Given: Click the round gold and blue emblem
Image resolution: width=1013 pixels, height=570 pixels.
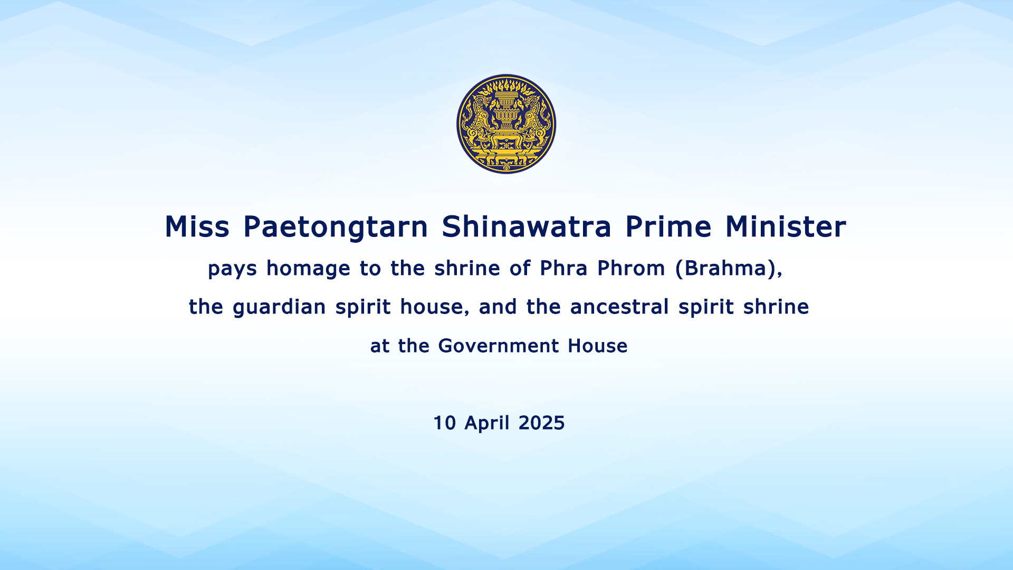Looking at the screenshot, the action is point(506,124).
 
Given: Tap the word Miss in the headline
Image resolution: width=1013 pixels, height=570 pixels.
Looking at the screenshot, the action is point(197,227).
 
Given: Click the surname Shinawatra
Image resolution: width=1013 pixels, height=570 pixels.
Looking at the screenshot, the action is point(527,227).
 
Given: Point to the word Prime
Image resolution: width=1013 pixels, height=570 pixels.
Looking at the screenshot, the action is point(668,227).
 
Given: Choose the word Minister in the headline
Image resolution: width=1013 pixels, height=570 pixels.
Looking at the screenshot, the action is point(786,227).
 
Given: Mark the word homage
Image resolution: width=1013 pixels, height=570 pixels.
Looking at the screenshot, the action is point(308,269).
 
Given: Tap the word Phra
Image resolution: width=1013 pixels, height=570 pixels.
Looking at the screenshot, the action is point(563,268).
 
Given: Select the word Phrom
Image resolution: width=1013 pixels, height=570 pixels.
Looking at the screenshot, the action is point(631,268).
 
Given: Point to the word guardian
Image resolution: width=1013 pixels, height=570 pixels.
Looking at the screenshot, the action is point(279,308).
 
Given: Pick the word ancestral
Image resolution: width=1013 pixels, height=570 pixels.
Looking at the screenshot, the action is point(619,307).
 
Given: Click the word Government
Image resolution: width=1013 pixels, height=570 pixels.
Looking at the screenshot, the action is point(499,346).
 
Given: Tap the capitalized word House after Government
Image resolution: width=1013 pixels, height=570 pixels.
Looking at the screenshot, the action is point(598,346).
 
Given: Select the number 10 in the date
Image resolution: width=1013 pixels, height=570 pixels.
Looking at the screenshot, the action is point(444,423).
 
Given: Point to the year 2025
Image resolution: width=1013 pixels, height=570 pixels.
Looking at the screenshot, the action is point(541,423).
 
